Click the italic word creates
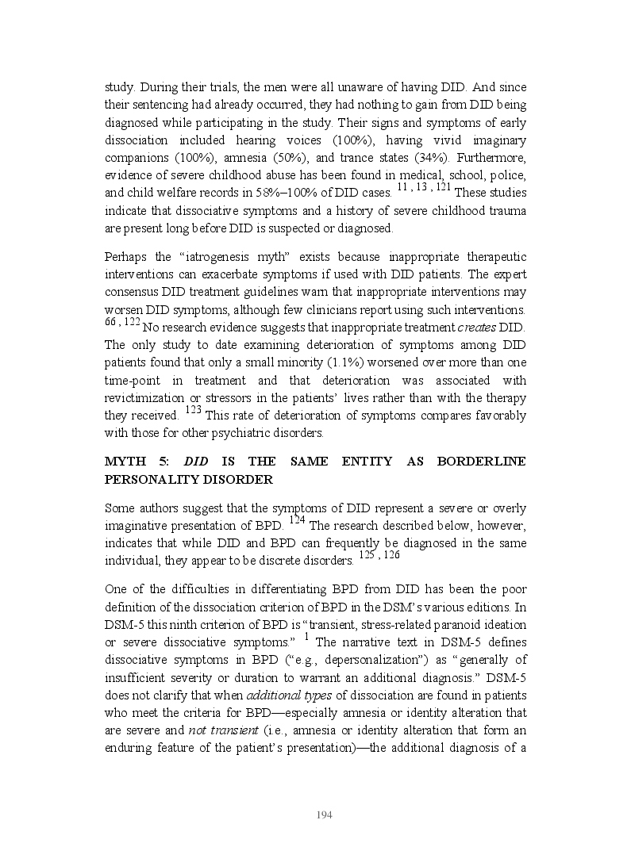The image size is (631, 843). pos(476,327)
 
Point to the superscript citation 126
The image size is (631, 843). pos(391,556)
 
